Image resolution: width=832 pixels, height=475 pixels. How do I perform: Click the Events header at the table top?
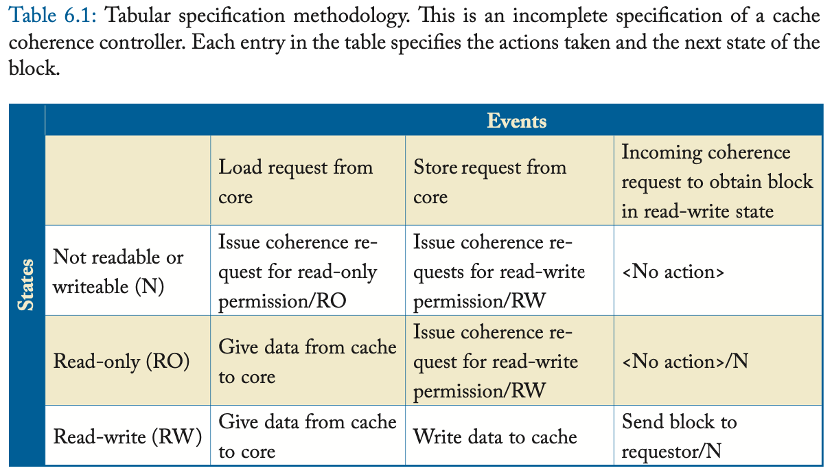pos(516,121)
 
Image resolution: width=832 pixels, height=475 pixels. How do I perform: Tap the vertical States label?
pos(26,285)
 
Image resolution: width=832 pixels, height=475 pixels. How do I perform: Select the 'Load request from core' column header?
pos(295,182)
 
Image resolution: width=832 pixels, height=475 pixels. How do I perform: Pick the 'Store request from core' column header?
pos(489,182)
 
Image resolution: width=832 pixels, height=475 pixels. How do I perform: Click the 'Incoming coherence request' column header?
pos(717,182)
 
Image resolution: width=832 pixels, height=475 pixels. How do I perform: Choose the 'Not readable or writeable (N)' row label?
pos(118,271)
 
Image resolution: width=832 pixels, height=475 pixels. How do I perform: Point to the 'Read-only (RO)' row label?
pos(122,361)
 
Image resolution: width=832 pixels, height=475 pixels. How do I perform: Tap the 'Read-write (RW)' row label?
pos(127,437)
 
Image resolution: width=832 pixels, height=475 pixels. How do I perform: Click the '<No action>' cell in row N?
pos(673,272)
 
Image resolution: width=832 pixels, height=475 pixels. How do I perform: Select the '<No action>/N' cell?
pos(684,361)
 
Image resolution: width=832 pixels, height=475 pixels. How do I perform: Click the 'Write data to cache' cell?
pos(495,437)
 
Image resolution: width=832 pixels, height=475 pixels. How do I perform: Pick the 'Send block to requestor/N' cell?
pos(679,437)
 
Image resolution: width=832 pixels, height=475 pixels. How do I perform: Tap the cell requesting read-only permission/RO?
pos(298,272)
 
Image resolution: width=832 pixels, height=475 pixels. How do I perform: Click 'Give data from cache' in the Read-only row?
pos(307,361)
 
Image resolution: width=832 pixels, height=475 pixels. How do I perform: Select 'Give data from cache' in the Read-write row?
pos(307,437)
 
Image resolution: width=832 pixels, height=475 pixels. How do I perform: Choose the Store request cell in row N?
pos(499,272)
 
